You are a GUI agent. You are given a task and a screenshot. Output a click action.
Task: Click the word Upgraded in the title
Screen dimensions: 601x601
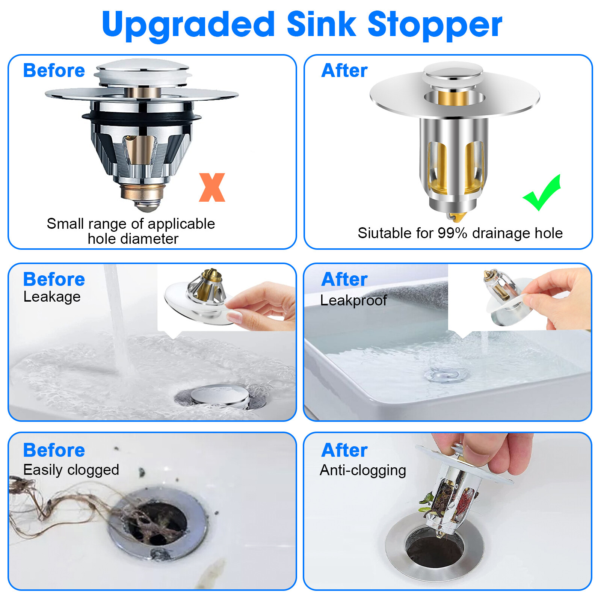[x=188, y=25]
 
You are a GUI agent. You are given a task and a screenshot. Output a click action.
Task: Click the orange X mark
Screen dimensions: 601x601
[x=212, y=187]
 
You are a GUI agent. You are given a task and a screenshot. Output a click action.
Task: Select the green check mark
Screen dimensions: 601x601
[x=542, y=193]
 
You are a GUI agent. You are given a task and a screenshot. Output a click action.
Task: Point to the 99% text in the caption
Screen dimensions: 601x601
[x=452, y=233]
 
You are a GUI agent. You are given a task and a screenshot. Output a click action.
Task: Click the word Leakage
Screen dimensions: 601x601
[x=52, y=297]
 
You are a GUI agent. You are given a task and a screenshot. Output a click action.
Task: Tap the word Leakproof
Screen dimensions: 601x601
[x=353, y=300]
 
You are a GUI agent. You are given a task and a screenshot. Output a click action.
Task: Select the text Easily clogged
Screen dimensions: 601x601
[x=71, y=470]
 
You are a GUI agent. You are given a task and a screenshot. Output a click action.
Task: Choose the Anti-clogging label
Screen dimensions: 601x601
[x=363, y=470]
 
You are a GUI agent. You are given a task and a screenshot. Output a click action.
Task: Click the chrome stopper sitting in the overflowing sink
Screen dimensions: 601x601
[x=220, y=396]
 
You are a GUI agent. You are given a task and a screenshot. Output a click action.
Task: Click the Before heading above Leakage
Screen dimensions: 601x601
[x=54, y=279]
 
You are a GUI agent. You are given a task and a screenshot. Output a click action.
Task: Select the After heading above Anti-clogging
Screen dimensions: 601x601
[x=344, y=450]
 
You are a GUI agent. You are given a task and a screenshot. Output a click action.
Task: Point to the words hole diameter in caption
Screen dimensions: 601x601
[x=133, y=239]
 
